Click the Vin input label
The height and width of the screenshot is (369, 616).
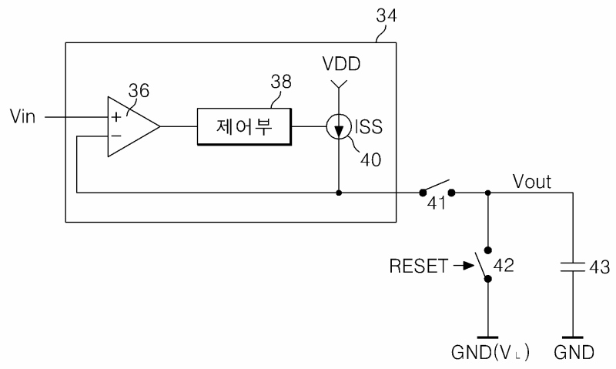point(22,116)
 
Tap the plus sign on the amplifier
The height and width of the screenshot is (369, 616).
point(116,117)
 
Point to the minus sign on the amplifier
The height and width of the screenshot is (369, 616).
point(116,136)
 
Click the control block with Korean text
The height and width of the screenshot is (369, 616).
point(244,126)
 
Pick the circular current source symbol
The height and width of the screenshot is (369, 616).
point(339,126)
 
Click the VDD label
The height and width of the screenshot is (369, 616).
point(341,64)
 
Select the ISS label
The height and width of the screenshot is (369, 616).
point(369,126)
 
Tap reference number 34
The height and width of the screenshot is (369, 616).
point(387,15)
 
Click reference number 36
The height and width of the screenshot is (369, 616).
point(139,91)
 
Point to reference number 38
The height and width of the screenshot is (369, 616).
point(281,82)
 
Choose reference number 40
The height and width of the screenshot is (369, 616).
point(370,160)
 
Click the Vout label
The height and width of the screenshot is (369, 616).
point(532,182)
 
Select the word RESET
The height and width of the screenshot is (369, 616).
point(418,266)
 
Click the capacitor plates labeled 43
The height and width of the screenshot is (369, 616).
point(572,267)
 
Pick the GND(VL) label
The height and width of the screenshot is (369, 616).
point(490,353)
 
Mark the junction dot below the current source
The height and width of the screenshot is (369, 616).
point(339,193)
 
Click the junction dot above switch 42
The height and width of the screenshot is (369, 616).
point(488,193)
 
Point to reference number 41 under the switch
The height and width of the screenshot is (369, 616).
point(437,203)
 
